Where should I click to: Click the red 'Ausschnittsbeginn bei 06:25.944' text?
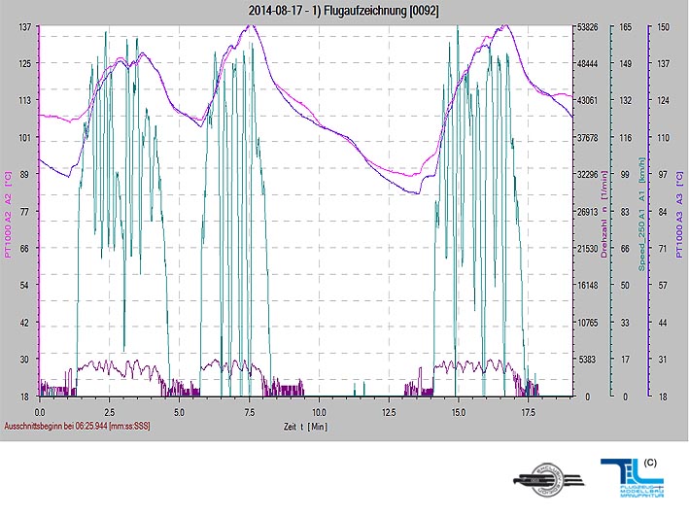click(x=78, y=427)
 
